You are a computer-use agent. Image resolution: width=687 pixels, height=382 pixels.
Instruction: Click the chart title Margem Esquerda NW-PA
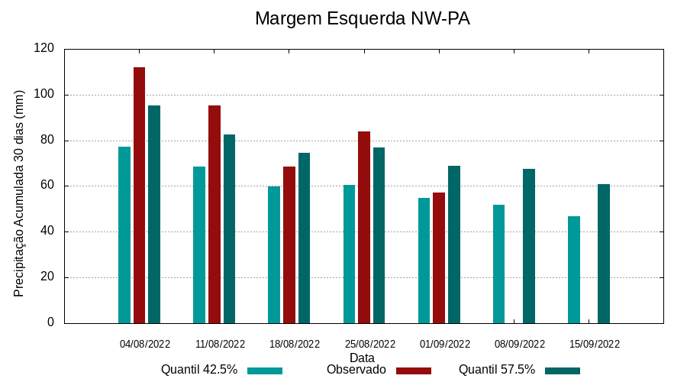(362, 18)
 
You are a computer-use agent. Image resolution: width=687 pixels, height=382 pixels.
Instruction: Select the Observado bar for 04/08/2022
(139, 195)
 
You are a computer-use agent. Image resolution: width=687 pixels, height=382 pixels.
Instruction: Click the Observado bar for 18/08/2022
(289, 244)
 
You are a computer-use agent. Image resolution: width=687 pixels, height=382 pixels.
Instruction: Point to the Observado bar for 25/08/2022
(364, 227)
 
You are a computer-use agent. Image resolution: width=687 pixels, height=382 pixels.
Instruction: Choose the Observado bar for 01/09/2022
(439, 257)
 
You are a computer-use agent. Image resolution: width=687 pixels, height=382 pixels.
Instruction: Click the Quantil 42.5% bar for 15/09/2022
(574, 269)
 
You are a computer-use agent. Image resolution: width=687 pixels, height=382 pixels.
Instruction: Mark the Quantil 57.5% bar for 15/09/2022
(604, 254)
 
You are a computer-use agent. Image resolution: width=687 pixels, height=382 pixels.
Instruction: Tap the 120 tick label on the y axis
(44, 49)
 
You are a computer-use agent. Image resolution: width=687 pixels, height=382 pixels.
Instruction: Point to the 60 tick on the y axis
(48, 186)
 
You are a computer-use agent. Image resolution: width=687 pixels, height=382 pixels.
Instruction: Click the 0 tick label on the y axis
(51, 322)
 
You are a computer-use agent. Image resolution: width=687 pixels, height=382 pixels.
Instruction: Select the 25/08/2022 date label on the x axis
(369, 344)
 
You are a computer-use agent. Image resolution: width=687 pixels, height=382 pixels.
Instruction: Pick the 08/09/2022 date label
(520, 344)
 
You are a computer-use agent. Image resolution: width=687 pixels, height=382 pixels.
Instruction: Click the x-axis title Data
(362, 358)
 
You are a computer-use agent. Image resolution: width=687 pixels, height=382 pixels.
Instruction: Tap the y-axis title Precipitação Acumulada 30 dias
(19, 193)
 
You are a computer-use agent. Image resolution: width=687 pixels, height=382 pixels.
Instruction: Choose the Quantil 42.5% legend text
(199, 370)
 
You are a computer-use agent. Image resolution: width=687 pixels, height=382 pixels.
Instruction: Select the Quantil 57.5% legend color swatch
(563, 371)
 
